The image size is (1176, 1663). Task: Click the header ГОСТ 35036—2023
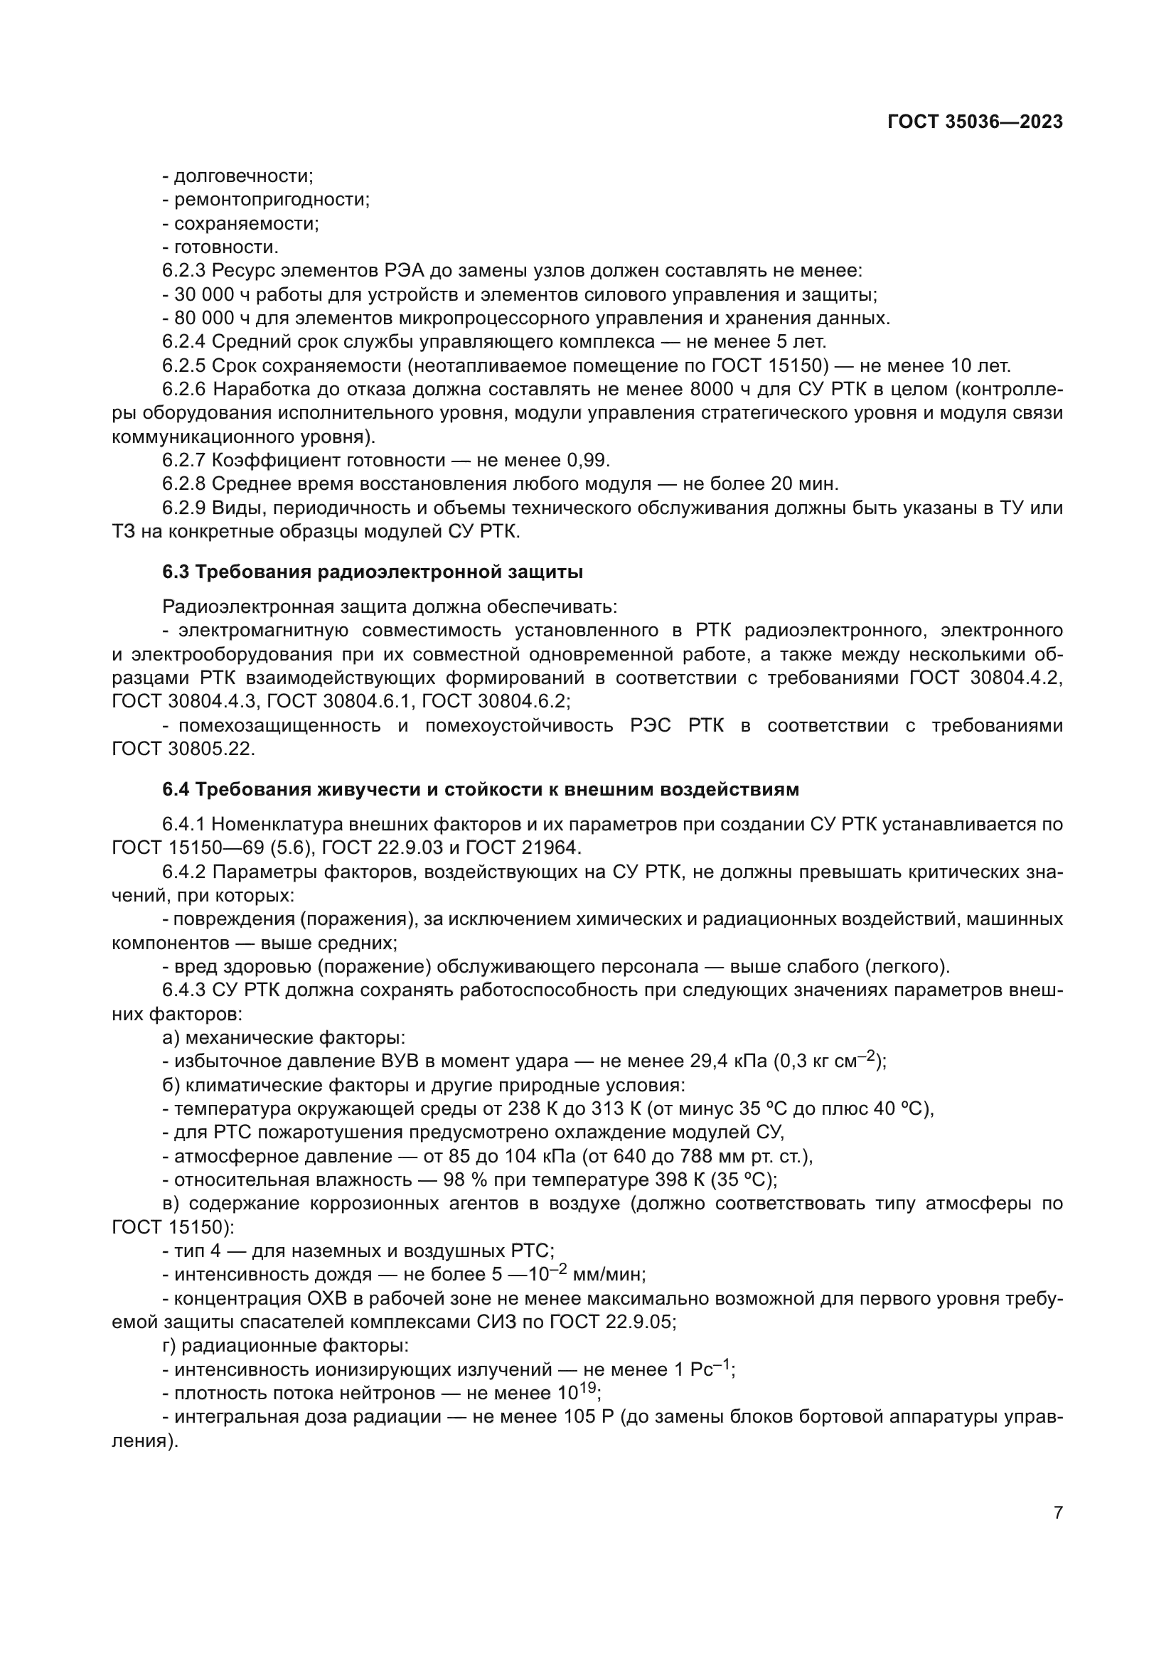(975, 122)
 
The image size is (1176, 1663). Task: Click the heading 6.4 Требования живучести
(480, 789)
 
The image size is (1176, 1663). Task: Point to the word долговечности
(243, 176)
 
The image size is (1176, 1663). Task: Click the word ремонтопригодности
(272, 200)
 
